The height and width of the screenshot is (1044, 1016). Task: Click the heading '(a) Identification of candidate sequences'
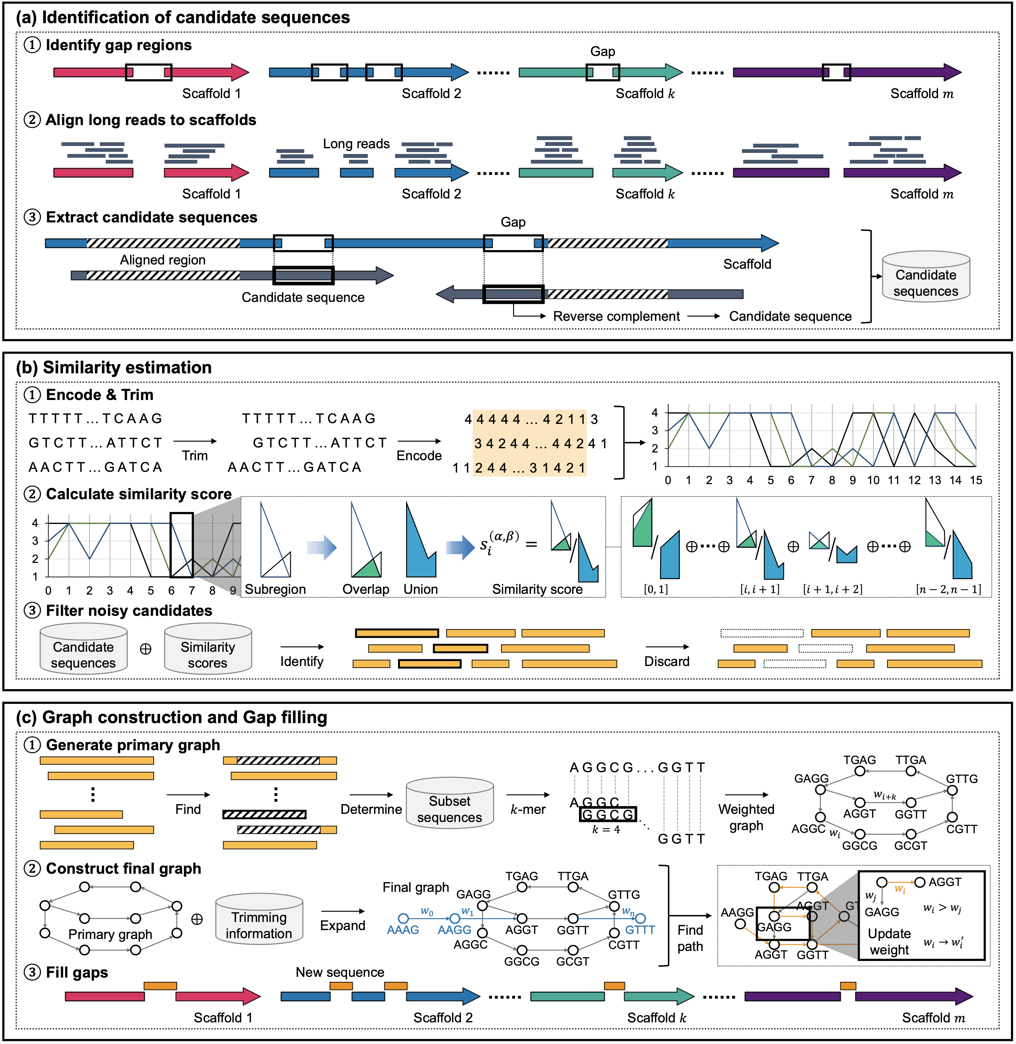click(183, 18)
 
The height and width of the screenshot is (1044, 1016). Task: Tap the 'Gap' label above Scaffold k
click(603, 52)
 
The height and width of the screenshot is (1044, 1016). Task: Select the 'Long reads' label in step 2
click(356, 144)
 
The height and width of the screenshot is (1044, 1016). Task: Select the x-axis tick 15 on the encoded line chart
click(975, 480)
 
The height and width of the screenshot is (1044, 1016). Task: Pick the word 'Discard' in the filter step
click(667, 661)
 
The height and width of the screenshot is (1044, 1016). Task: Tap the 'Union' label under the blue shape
click(420, 589)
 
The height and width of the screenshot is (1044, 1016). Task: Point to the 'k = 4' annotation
click(606, 829)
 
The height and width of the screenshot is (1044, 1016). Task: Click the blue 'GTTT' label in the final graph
click(639, 930)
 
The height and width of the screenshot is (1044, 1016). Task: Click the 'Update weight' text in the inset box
click(889, 942)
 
